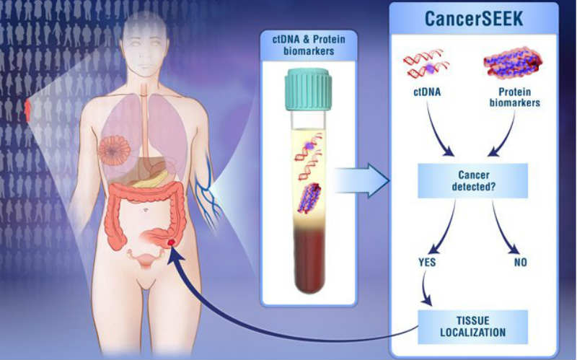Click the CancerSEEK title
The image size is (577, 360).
474,19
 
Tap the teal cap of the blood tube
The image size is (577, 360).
308,89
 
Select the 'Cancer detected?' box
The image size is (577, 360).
473,181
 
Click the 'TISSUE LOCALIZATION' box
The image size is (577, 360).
473,327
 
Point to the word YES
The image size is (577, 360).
427,262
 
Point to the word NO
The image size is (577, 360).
520,262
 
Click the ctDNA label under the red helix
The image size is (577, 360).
427,92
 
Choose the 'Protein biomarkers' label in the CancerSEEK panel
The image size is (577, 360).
515,97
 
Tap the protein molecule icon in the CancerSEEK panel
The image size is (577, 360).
513,63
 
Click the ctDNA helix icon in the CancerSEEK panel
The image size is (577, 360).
426,63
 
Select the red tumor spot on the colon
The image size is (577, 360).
171,242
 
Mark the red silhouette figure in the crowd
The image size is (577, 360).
27,111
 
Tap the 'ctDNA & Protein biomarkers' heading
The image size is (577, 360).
309,45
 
